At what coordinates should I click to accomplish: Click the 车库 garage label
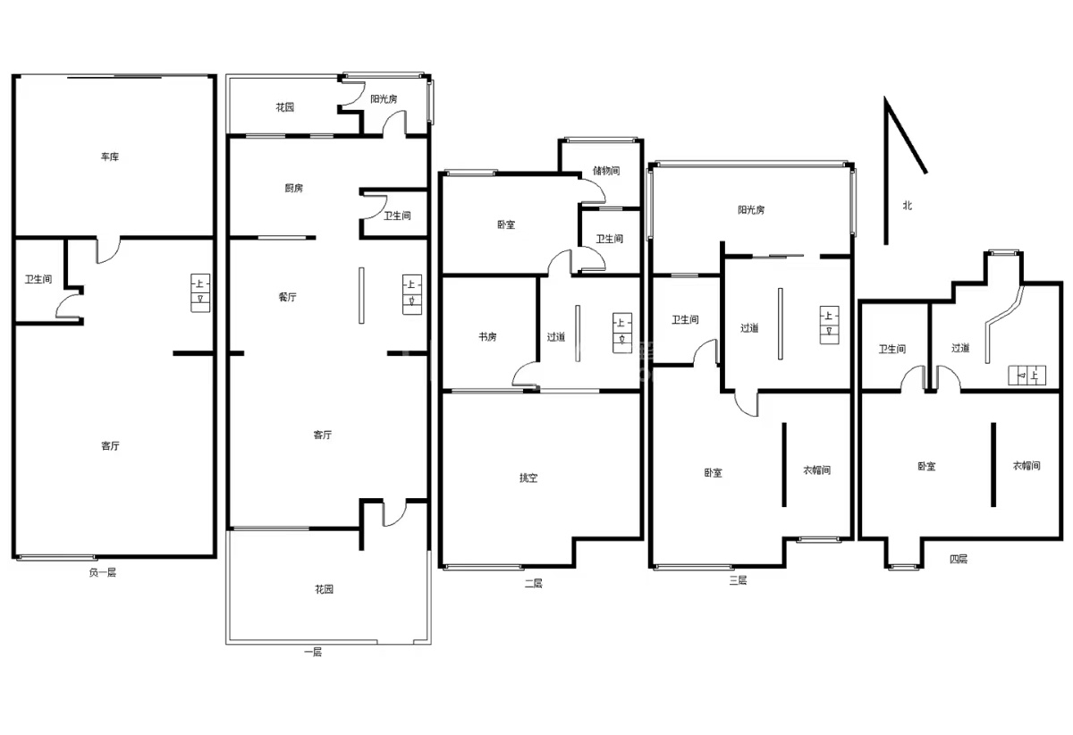pyautogui.click(x=110, y=156)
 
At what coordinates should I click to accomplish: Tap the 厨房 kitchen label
pyautogui.click(x=293, y=188)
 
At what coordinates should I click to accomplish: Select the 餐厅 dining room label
pyautogui.click(x=287, y=297)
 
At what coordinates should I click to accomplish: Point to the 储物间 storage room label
pyautogui.click(x=606, y=171)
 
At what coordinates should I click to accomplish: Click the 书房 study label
pyautogui.click(x=487, y=337)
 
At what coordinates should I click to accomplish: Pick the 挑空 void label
pyautogui.click(x=528, y=477)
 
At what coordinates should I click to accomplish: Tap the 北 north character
pyautogui.click(x=908, y=206)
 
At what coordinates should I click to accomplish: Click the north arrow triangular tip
pyautogui.click(x=885, y=97)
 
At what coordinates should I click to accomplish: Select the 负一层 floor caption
pyautogui.click(x=103, y=572)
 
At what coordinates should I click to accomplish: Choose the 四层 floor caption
pyautogui.click(x=959, y=559)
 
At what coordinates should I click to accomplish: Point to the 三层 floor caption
pyautogui.click(x=738, y=580)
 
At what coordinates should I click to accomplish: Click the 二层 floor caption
pyautogui.click(x=533, y=583)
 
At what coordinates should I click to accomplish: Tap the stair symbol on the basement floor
pyautogui.click(x=200, y=292)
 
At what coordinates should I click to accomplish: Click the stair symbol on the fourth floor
pyautogui.click(x=1027, y=376)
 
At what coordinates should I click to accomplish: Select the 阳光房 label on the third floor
pyautogui.click(x=751, y=210)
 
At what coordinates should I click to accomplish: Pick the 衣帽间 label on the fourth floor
pyautogui.click(x=1027, y=465)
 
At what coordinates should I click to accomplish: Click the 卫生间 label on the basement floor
pyautogui.click(x=38, y=279)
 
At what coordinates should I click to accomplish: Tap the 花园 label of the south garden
pyautogui.click(x=324, y=589)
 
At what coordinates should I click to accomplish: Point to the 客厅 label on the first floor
pyautogui.click(x=323, y=435)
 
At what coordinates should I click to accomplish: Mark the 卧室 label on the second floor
pyautogui.click(x=506, y=224)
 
